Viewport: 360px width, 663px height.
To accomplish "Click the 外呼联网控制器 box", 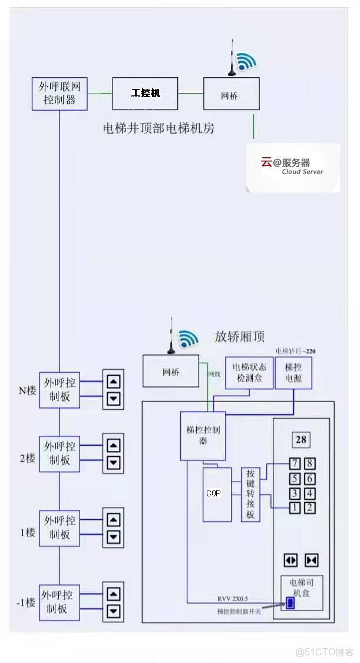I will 60,93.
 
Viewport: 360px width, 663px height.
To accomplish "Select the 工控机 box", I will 145,93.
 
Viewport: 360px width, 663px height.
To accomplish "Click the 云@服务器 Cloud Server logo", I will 293,167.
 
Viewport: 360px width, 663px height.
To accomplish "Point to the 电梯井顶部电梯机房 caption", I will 158,128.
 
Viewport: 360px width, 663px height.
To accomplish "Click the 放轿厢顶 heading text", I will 239,337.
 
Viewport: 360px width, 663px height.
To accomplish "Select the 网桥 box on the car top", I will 171,372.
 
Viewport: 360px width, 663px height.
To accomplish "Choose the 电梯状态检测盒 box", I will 249,373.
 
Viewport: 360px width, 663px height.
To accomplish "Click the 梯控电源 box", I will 293,373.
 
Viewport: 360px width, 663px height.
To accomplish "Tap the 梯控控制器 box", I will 203,436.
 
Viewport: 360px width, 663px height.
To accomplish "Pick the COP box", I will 217,493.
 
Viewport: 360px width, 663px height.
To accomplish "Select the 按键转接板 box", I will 250,494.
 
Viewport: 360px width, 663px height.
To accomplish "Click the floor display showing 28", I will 302,440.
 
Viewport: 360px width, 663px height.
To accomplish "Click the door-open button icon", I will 291,560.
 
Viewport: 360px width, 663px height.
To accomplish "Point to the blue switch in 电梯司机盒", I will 290,603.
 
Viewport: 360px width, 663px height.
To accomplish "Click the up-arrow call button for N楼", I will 114,381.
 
